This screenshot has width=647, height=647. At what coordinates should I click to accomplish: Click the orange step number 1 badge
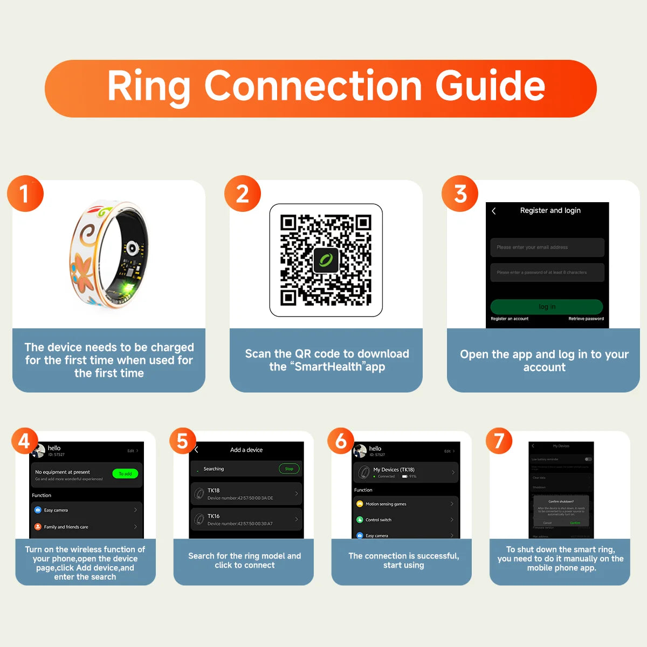coord(25,194)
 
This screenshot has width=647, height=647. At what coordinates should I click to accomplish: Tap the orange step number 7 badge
coord(499,440)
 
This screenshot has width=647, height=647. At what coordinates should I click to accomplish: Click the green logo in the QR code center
coord(326,260)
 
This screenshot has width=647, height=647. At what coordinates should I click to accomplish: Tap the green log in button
coord(546,306)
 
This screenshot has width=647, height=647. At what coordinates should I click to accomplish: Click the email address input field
coord(547,247)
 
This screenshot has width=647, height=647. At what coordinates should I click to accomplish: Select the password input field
coord(547,272)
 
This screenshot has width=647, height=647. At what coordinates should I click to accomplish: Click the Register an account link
coord(510,319)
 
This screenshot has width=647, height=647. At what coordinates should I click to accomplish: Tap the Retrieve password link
coord(586,319)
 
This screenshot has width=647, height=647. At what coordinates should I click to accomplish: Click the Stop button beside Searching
coord(289,469)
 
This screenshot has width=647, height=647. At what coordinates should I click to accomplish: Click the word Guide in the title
coord(490,86)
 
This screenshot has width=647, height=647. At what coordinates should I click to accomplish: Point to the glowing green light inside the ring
coord(128,288)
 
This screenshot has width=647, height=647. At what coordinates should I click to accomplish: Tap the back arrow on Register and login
coord(494,211)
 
